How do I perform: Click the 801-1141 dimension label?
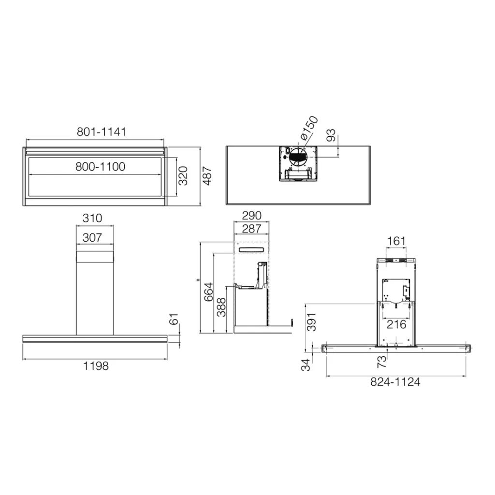point(102,131)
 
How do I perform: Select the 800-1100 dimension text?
point(101,166)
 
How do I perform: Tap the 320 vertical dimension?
point(183,176)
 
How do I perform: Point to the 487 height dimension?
point(207,176)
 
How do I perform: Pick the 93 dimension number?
point(331,135)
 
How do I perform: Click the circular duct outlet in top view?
point(298,157)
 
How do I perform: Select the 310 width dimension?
point(92,218)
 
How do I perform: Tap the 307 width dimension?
point(92,237)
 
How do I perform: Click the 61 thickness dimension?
point(174,319)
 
